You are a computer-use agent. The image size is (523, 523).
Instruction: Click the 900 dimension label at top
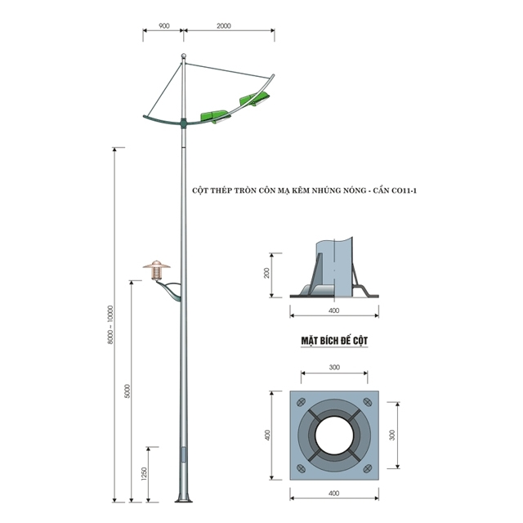(164, 25)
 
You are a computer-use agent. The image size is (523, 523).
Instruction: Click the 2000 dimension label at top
(223, 25)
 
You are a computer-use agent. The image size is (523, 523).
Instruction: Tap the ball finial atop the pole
(183, 56)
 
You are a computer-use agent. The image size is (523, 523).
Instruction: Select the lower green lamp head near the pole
(216, 116)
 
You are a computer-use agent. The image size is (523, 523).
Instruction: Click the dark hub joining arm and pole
(183, 123)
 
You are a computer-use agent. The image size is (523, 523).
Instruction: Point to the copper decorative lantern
(156, 270)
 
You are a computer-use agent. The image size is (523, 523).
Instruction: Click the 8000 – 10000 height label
(110, 325)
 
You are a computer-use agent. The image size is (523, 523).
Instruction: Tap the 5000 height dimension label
(127, 391)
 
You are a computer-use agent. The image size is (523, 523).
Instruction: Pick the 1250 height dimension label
(144, 474)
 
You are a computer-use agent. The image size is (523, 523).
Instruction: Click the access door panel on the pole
(183, 455)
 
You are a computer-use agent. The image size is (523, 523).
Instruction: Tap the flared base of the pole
(183, 498)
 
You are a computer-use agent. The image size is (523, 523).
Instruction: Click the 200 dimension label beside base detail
(266, 273)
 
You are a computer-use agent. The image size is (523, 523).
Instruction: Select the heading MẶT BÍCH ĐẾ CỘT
(334, 341)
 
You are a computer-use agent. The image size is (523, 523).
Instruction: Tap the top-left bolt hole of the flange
(301, 402)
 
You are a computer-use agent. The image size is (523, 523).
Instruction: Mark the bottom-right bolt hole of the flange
(368, 468)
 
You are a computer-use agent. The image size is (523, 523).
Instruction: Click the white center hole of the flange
(334, 436)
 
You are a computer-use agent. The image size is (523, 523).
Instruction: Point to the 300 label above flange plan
(334, 367)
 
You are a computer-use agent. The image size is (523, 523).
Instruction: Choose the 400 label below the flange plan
(334, 494)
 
